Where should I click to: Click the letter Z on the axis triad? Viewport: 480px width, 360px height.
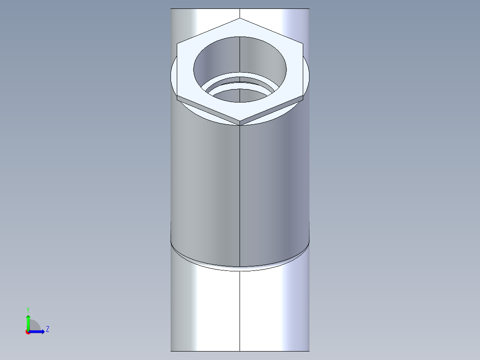47,329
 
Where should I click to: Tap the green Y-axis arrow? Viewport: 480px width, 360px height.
28,320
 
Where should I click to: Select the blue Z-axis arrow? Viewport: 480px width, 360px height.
38,331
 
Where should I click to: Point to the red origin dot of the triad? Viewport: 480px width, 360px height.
28,331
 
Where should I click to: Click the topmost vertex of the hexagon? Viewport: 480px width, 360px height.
240,18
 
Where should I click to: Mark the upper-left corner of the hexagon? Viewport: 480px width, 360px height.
177,43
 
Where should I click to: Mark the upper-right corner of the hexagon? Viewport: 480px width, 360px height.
303,43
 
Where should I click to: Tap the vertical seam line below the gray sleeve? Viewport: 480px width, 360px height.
240,312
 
